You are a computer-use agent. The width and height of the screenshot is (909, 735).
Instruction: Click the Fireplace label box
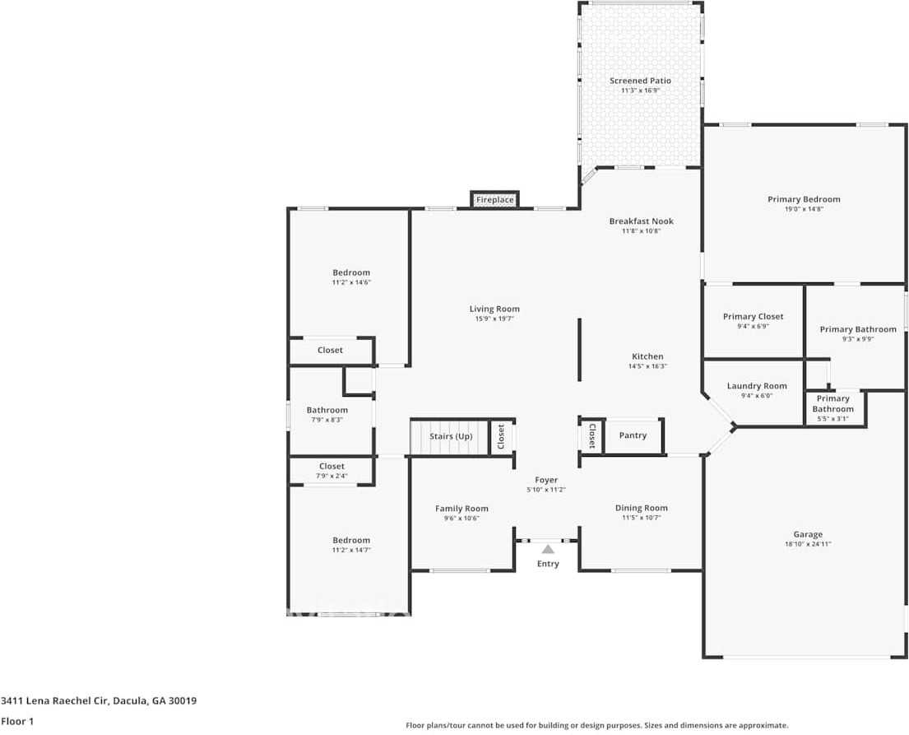tap(494, 199)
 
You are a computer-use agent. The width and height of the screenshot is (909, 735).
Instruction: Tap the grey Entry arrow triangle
tap(548, 549)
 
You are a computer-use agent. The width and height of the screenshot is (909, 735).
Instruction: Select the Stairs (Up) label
tap(451, 436)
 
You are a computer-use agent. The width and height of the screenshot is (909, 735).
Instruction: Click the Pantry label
tap(633, 435)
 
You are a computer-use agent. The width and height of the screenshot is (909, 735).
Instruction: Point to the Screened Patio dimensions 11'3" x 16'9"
tap(641, 91)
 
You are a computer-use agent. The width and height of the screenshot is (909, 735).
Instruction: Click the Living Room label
tap(494, 309)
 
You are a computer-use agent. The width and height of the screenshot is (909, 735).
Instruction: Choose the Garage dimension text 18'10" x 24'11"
tap(808, 544)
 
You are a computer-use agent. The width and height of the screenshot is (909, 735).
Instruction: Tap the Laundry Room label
tap(757, 386)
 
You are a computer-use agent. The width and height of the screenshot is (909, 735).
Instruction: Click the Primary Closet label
tap(753, 316)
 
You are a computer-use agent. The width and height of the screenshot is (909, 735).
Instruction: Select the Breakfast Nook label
tap(641, 221)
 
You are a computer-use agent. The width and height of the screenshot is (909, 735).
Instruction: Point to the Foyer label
tap(546, 480)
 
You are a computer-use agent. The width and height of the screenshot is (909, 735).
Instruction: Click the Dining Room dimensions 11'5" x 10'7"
tap(641, 518)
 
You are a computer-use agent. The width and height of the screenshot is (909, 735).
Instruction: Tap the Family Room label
tap(461, 508)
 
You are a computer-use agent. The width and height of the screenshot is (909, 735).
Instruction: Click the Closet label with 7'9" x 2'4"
tap(332, 466)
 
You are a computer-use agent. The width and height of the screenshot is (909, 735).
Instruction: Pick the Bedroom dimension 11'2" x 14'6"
tap(351, 282)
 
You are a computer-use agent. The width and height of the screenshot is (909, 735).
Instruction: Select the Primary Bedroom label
tap(804, 199)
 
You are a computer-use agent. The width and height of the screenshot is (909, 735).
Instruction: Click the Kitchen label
tap(647, 356)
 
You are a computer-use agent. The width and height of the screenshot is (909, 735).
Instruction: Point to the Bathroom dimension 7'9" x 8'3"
tap(327, 420)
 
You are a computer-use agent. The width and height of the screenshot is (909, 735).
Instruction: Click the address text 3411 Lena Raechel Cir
tap(54, 700)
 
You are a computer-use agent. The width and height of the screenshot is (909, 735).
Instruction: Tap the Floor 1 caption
tap(17, 721)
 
